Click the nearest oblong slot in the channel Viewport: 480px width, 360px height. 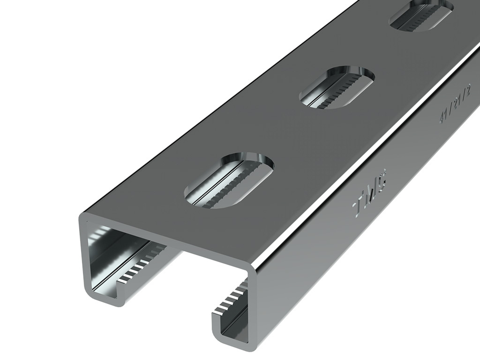(x=229, y=180)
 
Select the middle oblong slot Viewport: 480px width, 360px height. (x=337, y=87)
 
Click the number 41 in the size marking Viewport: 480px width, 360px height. (x=444, y=118)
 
